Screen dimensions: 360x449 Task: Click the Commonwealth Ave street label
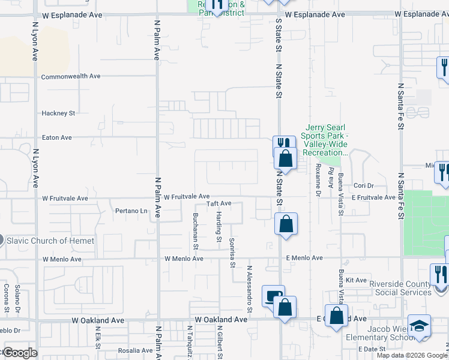pos(70,77)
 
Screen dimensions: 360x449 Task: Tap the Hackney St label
pos(58,113)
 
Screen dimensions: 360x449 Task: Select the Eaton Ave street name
pos(56,137)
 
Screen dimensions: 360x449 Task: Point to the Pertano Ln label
pos(131,211)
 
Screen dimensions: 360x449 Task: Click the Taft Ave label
pos(219,204)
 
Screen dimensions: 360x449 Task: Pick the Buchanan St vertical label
pos(196,227)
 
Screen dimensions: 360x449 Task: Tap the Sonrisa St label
pos(232,251)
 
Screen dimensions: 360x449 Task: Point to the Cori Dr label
pos(364,186)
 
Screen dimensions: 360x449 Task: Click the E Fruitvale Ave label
pos(373,197)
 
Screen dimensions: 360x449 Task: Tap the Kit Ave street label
pos(360,280)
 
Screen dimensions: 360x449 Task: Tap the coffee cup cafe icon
pos(273,296)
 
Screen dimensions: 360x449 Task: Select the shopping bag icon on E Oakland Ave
pos(337,316)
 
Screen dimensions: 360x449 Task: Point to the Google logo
pos(20,353)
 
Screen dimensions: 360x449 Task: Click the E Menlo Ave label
pos(304,258)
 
